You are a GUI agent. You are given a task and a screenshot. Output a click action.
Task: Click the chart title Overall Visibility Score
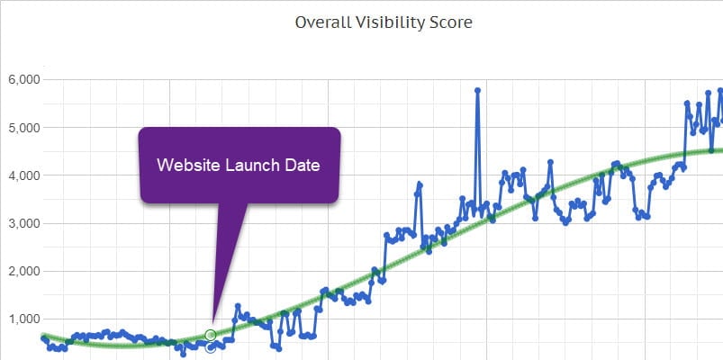click(x=384, y=22)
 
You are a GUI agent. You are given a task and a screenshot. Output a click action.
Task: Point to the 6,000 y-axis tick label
click(x=24, y=80)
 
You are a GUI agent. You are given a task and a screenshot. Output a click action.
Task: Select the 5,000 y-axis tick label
click(x=24, y=128)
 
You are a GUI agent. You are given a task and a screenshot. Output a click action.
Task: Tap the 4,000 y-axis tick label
click(x=24, y=175)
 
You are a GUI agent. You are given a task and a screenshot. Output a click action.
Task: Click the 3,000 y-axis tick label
click(x=24, y=223)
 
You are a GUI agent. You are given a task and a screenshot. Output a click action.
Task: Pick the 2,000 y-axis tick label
click(x=24, y=272)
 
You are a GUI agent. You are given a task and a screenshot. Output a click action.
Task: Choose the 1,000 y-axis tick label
click(x=24, y=319)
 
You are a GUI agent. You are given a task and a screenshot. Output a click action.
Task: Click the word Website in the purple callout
click(x=188, y=165)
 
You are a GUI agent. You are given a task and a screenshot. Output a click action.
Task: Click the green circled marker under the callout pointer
click(x=211, y=335)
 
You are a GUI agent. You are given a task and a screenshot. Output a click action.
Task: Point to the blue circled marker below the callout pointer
click(x=211, y=347)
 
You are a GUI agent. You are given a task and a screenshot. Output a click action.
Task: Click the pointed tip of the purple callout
click(x=213, y=322)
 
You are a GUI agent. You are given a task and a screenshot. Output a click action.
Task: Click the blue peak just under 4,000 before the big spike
click(x=420, y=184)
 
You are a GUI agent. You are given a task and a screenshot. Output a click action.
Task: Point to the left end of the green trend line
click(x=42, y=335)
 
